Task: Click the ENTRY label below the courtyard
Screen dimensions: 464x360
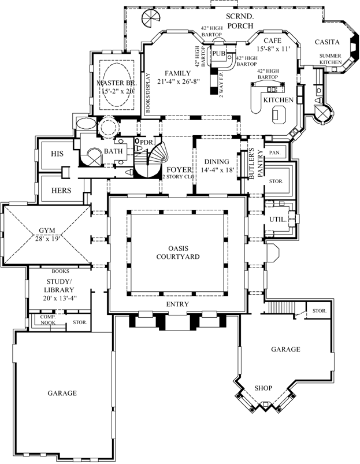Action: pyautogui.click(x=178, y=304)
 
